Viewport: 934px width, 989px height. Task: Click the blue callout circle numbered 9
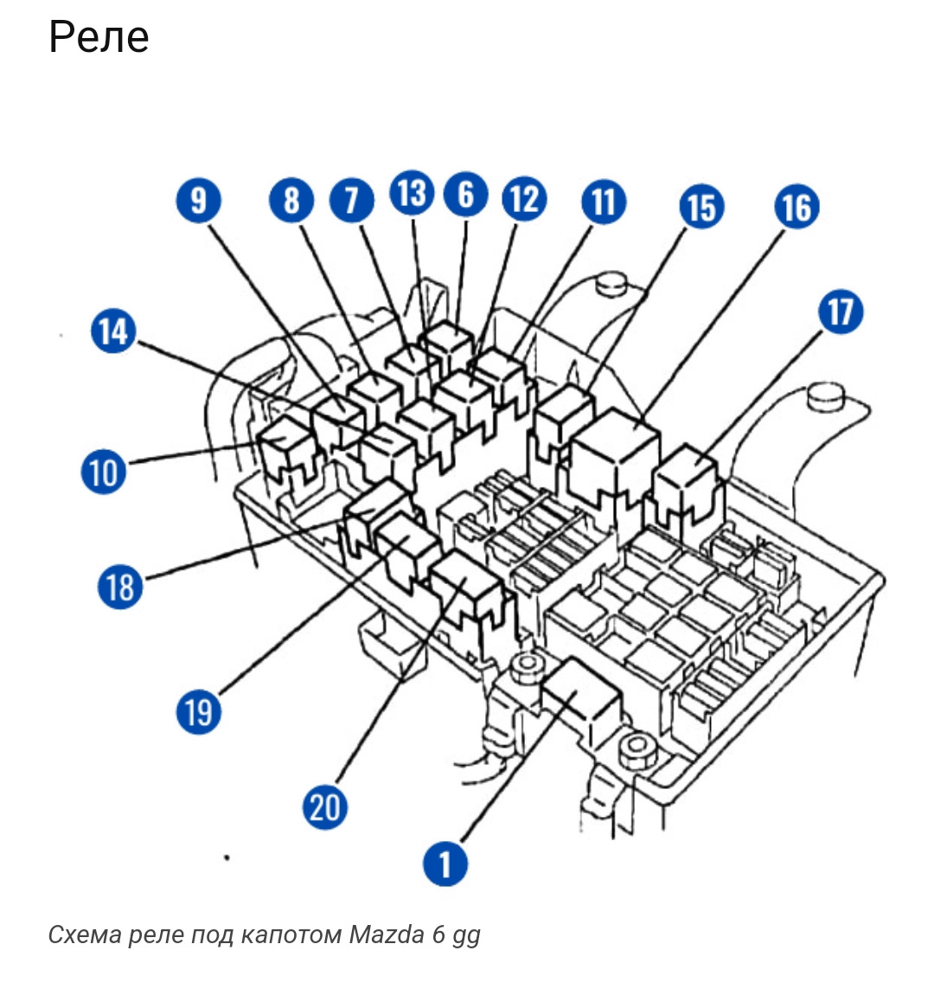tap(199, 201)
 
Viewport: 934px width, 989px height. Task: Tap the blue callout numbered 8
tap(291, 201)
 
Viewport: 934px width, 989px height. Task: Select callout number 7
tap(352, 201)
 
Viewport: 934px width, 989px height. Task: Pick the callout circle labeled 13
tap(413, 192)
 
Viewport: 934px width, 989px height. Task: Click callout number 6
tap(466, 195)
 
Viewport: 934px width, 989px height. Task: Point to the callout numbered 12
tap(524, 199)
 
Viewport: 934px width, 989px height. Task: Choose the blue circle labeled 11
tap(604, 202)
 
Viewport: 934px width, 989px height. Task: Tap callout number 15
tap(701, 207)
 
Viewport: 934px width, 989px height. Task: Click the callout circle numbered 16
tap(796, 207)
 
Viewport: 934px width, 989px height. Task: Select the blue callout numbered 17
tap(841, 311)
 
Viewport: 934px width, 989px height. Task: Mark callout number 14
tap(113, 331)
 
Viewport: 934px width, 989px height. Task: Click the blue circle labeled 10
tap(104, 472)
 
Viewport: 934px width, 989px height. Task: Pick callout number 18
tap(119, 587)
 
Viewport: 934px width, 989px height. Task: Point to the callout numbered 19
tap(199, 712)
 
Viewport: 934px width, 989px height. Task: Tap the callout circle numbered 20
tap(324, 806)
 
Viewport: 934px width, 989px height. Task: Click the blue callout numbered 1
tap(445, 864)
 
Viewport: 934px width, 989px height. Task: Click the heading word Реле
tap(99, 37)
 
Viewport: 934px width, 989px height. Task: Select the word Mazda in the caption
tap(387, 934)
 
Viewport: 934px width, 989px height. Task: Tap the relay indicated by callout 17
tap(685, 484)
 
